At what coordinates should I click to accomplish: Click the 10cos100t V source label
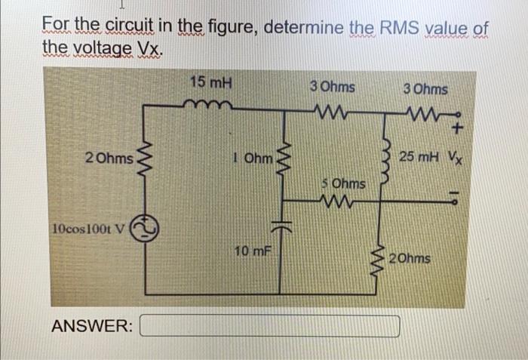(87, 228)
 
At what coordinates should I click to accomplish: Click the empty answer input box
(270, 326)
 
